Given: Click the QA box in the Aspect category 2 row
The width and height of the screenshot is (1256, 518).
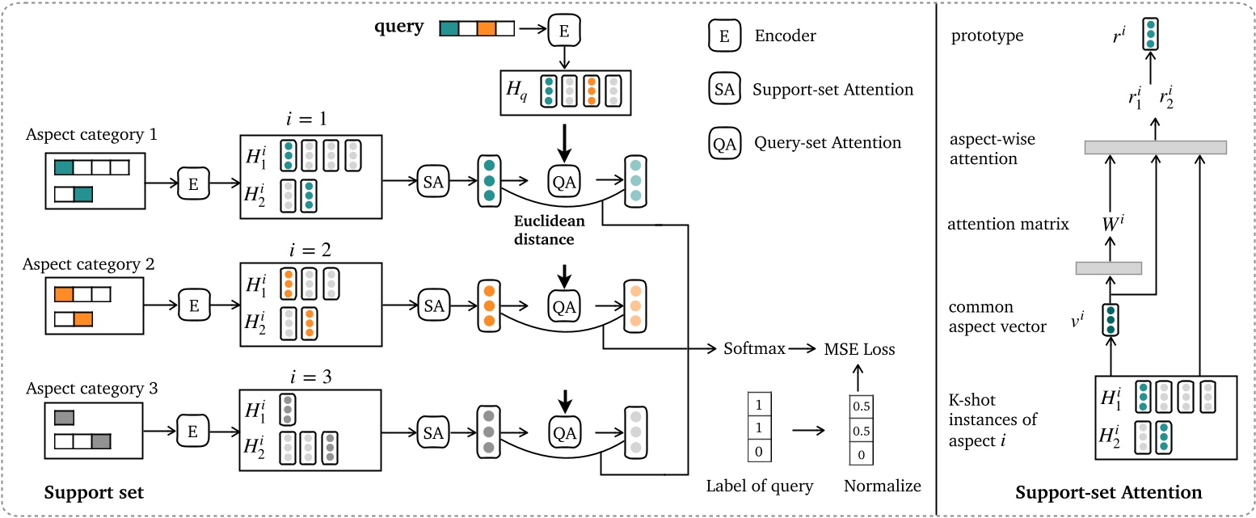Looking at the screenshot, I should coord(564,305).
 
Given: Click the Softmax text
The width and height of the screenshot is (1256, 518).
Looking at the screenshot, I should coord(753,349).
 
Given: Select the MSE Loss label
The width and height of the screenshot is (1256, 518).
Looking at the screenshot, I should coord(859,349).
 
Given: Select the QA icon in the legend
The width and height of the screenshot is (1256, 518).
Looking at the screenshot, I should coord(724,143).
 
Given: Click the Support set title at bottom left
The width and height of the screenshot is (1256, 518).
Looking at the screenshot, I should coord(94,492).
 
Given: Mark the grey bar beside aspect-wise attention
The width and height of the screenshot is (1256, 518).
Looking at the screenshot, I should coord(1155,147).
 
